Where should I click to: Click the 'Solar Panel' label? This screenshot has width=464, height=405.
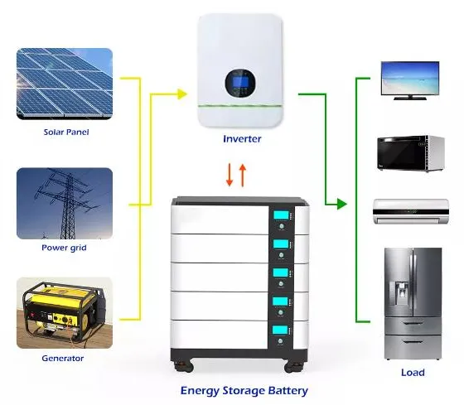(x=66, y=132)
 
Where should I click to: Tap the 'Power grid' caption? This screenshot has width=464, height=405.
(x=64, y=248)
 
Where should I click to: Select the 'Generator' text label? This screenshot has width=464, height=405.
(x=63, y=359)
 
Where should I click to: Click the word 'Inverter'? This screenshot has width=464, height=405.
(x=242, y=139)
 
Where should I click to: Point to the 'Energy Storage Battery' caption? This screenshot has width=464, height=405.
(x=244, y=390)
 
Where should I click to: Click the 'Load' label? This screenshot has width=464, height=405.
(x=413, y=373)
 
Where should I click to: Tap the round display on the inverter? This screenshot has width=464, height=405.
(x=240, y=83)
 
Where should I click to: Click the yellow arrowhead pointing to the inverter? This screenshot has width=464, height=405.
(x=182, y=94)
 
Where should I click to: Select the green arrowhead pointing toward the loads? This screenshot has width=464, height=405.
(x=341, y=204)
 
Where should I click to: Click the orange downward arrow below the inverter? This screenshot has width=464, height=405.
(x=230, y=175)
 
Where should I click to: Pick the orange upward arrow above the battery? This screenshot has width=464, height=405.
(x=243, y=176)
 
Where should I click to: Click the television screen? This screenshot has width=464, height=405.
(x=410, y=78)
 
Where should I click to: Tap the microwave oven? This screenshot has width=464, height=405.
(x=411, y=153)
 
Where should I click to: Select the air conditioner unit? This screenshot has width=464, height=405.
(x=411, y=211)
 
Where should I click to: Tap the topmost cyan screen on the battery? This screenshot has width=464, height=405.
(x=281, y=215)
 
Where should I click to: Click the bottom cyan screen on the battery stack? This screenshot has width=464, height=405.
(x=281, y=330)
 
